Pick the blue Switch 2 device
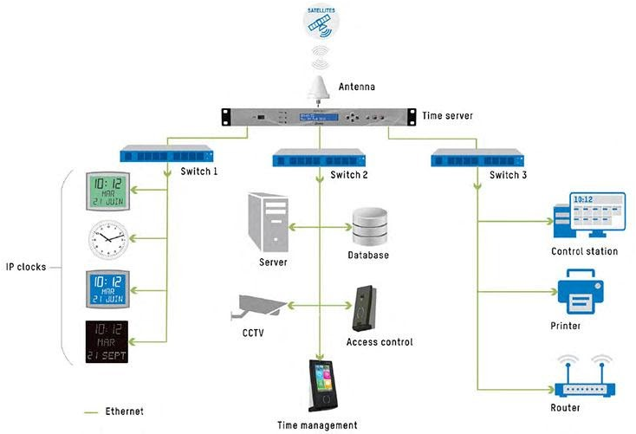click(318, 159)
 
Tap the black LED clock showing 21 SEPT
click(108, 342)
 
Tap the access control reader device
click(365, 306)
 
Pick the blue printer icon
click(584, 292)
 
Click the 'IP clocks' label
click(27, 267)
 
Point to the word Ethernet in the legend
click(124, 411)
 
